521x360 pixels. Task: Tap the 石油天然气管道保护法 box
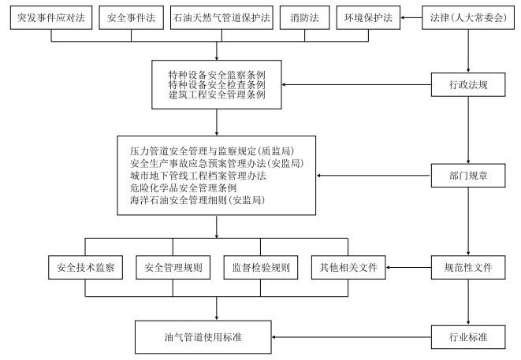tap(220, 17)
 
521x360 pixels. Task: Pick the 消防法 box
tap(303, 17)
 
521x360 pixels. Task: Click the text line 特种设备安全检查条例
tap(216, 84)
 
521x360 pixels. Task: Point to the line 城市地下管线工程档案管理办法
tap(198, 176)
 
